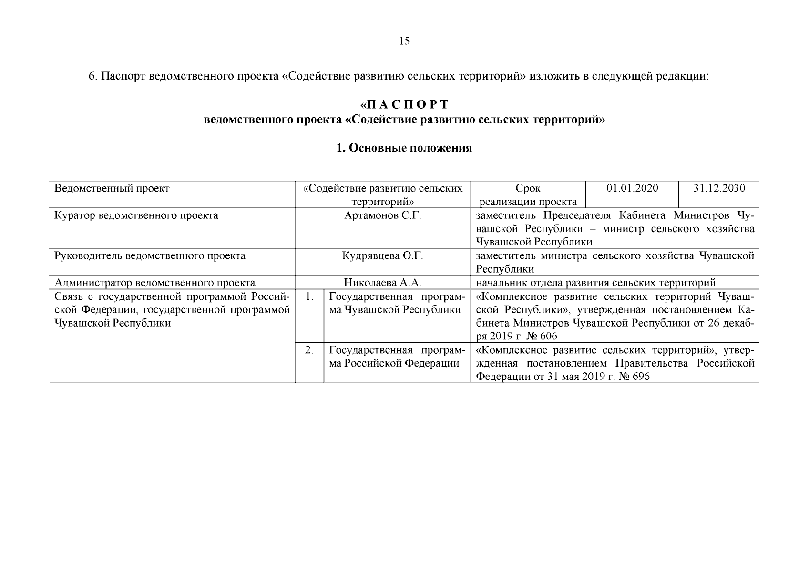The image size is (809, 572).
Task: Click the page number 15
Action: (404, 41)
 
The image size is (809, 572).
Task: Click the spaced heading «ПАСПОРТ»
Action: (404, 104)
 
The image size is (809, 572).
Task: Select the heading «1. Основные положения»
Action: (404, 148)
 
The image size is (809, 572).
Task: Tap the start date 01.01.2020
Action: (632, 188)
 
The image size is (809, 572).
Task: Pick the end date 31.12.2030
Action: (719, 188)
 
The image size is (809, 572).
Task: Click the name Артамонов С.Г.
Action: (383, 215)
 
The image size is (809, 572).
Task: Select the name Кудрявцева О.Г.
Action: (383, 256)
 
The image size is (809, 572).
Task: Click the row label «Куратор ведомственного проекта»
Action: (136, 215)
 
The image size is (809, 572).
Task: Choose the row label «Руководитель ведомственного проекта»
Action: (150, 256)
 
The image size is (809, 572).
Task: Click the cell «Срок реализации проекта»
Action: (528, 195)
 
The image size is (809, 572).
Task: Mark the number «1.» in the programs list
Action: (309, 296)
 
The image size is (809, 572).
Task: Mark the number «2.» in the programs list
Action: (309, 350)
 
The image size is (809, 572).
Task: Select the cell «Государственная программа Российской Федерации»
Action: (397, 357)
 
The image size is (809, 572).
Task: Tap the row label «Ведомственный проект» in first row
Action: (112, 188)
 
